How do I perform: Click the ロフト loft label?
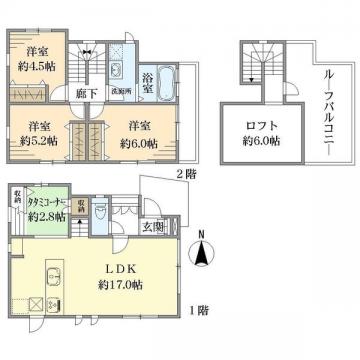263,126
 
